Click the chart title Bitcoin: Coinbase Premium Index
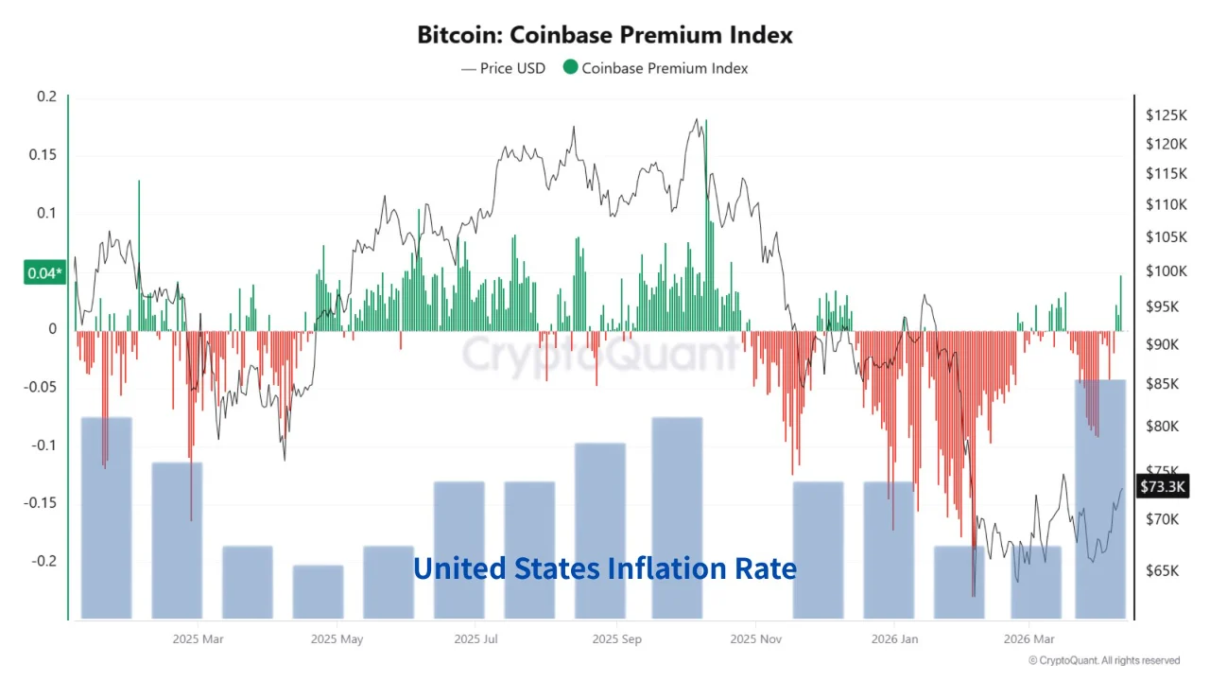[x=605, y=35]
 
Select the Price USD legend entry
[x=503, y=68]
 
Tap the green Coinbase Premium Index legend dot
[x=570, y=68]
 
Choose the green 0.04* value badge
[x=44, y=274]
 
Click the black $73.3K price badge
[x=1162, y=486]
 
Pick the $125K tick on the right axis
[x=1165, y=115]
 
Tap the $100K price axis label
[x=1165, y=271]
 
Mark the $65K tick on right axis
[x=1162, y=571]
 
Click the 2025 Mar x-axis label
[x=199, y=639]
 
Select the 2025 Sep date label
[x=617, y=639]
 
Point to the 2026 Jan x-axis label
[x=893, y=639]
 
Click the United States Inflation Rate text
[x=605, y=568]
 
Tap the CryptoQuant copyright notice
[x=1103, y=660]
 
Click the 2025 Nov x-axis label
[x=756, y=639]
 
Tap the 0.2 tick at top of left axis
[x=46, y=97]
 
